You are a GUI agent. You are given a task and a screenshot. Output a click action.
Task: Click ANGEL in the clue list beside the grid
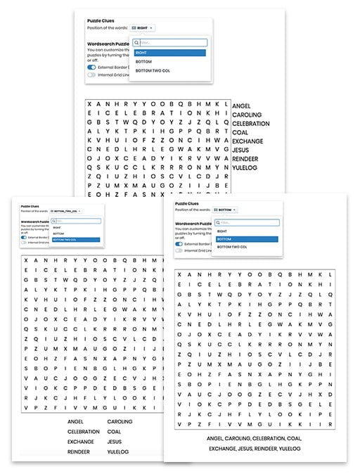coord(241,105)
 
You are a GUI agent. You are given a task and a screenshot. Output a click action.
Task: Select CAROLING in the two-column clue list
coord(119,422)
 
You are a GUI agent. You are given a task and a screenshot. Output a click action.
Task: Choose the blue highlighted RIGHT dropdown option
coord(169,52)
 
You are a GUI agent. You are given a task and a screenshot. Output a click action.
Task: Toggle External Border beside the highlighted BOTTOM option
coord(179,244)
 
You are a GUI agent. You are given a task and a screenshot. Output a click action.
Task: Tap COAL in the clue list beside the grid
coord(240,133)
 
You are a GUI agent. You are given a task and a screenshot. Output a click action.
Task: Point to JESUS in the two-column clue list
coord(115,442)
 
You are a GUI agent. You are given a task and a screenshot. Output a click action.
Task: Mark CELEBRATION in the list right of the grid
coord(251,124)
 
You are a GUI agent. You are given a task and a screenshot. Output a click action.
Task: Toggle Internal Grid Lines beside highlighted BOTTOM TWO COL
coord(25,243)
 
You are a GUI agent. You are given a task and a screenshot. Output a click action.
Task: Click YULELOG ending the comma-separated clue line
coord(288,448)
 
